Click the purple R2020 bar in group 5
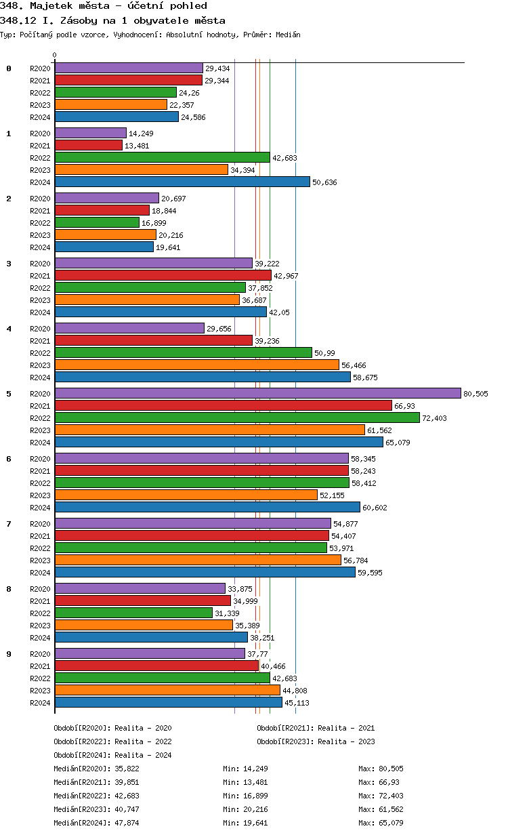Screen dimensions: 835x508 (257, 393)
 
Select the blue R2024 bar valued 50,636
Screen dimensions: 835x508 (182, 182)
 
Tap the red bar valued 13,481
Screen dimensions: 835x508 (88, 145)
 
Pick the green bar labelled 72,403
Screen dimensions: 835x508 (237, 417)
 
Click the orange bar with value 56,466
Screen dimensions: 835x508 (196, 365)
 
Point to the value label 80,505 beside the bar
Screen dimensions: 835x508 (475, 394)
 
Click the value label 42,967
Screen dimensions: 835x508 (286, 276)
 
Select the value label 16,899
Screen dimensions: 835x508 (154, 223)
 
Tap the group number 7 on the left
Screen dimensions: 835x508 (9, 524)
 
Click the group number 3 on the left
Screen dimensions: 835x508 (9, 264)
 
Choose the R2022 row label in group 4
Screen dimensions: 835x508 (40, 353)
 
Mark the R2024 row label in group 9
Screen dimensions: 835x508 (40, 703)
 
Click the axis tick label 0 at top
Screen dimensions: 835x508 (55, 56)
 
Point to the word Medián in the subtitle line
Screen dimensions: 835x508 (287, 35)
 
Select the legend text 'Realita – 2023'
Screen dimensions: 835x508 (345, 741)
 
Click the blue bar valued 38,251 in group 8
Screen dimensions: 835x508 (151, 637)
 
